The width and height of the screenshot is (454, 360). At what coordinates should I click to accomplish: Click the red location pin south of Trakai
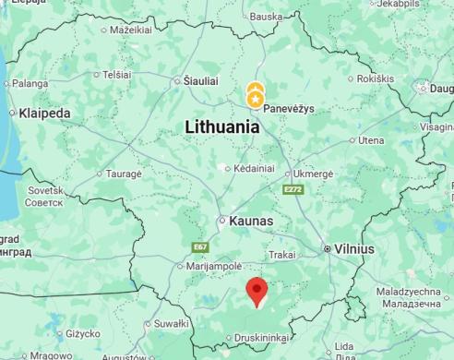pos(258,292)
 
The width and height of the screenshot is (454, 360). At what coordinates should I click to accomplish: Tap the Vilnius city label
pos(353,249)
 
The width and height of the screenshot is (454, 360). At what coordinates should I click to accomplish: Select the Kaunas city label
pos(250,222)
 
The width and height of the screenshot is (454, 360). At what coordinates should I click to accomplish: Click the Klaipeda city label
pos(44,114)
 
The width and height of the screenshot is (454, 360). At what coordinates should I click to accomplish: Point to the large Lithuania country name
pos(222,127)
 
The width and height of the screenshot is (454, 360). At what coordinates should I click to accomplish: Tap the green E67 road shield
pos(200,247)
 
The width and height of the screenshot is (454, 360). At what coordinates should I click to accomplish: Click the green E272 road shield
pos(293,189)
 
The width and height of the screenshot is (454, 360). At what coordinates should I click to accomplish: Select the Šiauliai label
pos(201,80)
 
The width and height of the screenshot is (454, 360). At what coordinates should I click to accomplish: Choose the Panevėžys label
pos(289,108)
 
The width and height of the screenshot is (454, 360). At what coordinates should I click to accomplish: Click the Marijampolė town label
pos(214,266)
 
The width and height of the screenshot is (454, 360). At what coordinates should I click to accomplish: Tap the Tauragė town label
pos(124,174)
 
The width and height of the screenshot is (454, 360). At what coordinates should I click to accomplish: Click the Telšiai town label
pos(116,74)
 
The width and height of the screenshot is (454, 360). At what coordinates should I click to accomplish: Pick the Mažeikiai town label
pos(131,30)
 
